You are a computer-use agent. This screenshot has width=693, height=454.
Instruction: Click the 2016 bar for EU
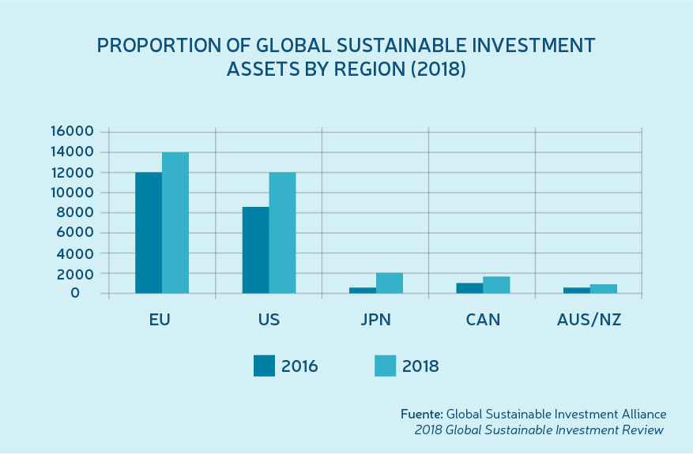pyautogui.click(x=149, y=233)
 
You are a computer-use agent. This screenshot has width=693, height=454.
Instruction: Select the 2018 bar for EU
pyautogui.click(x=175, y=223)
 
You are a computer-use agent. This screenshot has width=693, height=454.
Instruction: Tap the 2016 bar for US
pyautogui.click(x=255, y=250)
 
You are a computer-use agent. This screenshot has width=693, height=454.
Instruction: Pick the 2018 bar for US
pyautogui.click(x=282, y=233)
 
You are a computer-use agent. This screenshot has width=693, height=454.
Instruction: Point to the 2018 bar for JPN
pyautogui.click(x=390, y=283)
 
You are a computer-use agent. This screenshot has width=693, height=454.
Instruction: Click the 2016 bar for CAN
pyautogui.click(x=469, y=288)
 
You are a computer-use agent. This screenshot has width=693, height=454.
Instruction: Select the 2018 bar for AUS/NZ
pyautogui.click(x=604, y=289)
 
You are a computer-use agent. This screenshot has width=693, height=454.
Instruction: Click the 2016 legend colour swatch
pyautogui.click(x=264, y=366)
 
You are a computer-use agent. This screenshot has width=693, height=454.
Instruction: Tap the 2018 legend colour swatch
pyautogui.click(x=385, y=366)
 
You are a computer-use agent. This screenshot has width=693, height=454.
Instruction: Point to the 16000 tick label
pyautogui.click(x=71, y=131)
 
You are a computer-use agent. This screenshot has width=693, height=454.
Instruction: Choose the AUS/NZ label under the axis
pyautogui.click(x=588, y=321)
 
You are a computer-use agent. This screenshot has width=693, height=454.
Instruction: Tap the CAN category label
pyautogui.click(x=482, y=321)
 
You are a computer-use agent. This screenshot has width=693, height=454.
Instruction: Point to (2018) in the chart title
pyautogui.click(x=434, y=69)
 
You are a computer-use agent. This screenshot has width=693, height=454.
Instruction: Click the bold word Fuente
pyautogui.click(x=421, y=414)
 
